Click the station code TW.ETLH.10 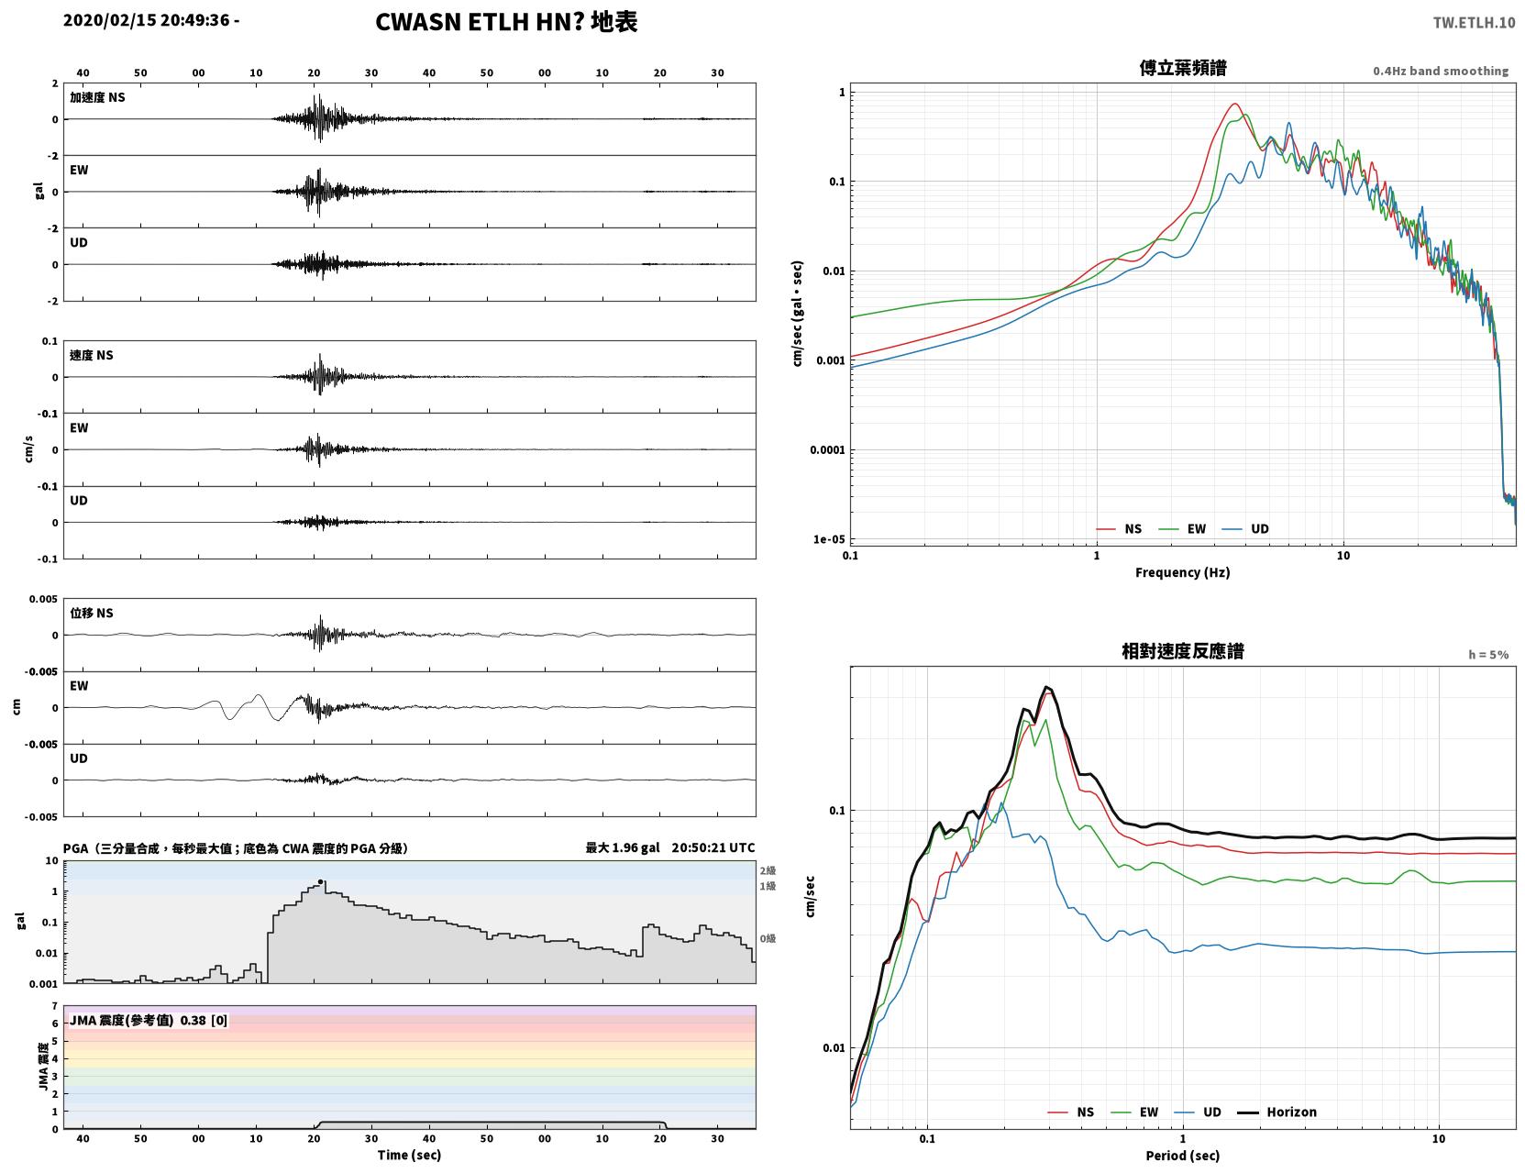pos(1474,22)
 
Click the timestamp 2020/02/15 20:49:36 pos(146,19)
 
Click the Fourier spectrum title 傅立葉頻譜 pos(1183,68)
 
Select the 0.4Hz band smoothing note pos(1440,71)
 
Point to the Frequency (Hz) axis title pos(1183,572)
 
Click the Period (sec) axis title pos(1183,1156)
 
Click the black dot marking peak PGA pos(320,882)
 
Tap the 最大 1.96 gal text pos(623,847)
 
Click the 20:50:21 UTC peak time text pos(713,847)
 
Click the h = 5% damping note pos(1487,655)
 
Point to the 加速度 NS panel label pos(97,97)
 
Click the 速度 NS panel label pos(91,355)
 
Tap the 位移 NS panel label pos(91,614)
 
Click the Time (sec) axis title pos(409,1155)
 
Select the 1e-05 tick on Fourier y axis pos(829,539)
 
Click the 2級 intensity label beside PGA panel pos(768,870)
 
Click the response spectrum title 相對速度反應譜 pos(1183,651)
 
